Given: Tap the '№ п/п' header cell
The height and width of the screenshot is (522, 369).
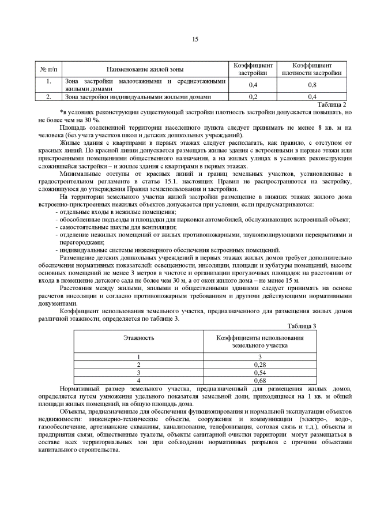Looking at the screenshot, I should click(49, 69).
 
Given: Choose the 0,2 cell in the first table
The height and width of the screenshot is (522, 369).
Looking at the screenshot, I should click(252, 97).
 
